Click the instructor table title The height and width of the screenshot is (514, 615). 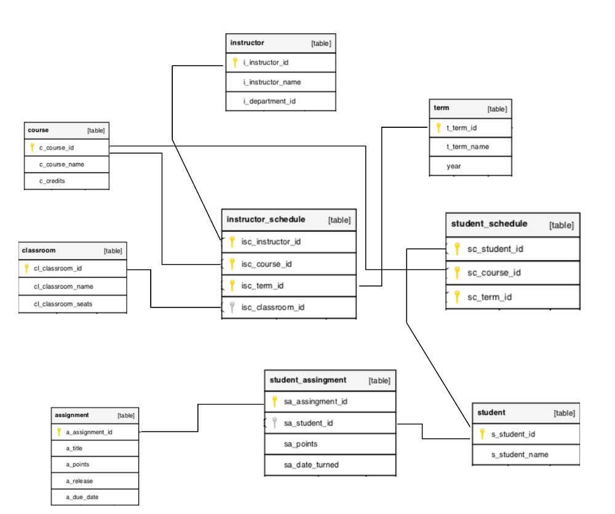(247, 43)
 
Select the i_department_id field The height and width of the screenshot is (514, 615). (269, 101)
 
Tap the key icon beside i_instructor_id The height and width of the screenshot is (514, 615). (235, 63)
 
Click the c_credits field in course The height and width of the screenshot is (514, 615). (52, 181)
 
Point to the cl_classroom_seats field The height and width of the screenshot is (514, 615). (63, 304)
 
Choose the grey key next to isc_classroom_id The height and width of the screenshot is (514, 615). (232, 307)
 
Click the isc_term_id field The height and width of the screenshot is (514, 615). (262, 286)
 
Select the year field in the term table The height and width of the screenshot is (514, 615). (454, 166)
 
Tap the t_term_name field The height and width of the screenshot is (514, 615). (467, 147)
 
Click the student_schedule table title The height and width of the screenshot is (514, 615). (489, 224)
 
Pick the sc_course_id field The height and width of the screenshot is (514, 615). (494, 272)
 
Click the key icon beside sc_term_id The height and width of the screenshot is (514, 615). (457, 297)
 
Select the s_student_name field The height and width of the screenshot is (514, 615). (520, 454)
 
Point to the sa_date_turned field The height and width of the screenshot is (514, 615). (311, 465)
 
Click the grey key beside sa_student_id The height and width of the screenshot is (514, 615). (275, 423)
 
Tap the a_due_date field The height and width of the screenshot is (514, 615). (82, 497)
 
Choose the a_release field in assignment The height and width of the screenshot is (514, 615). (79, 481)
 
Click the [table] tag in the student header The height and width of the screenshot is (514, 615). (564, 413)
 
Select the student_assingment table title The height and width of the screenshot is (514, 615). (307, 380)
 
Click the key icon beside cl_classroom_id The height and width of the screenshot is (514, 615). (26, 268)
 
